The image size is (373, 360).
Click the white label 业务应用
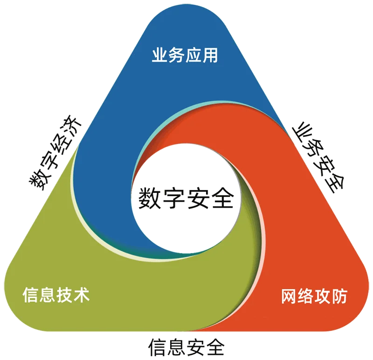point(185,55)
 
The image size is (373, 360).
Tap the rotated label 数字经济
point(55,152)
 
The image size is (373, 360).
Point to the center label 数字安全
point(186,198)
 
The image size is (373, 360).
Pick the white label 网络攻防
point(314,296)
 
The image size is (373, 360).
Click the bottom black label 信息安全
point(186,347)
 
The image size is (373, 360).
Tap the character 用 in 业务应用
point(210,55)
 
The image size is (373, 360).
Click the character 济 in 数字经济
point(72,125)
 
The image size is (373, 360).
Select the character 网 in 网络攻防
point(289,296)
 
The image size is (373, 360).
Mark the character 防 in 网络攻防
point(340,296)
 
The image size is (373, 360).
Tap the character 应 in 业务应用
point(193,55)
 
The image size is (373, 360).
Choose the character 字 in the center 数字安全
point(173,198)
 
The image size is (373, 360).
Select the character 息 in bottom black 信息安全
point(177,347)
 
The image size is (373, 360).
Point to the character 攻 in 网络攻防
point(323,296)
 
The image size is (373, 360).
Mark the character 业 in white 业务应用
point(159,55)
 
